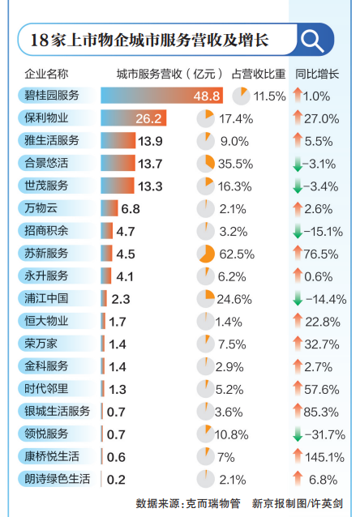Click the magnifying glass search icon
click(x=312, y=41)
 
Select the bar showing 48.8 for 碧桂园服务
click(x=161, y=96)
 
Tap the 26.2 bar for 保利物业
click(x=133, y=118)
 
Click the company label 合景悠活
click(x=46, y=163)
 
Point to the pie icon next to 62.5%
click(x=206, y=254)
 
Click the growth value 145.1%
click(x=324, y=457)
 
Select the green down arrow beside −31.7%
click(x=298, y=434)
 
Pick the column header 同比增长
click(x=317, y=74)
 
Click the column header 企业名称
click(x=46, y=74)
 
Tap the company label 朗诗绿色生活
click(x=57, y=479)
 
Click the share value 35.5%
click(x=236, y=164)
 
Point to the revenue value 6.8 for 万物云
click(x=131, y=209)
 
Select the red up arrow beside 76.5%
click(x=298, y=253)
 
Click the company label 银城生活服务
click(x=57, y=411)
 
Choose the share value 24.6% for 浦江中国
click(x=234, y=299)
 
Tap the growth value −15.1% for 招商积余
click(x=324, y=232)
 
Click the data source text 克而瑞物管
click(x=212, y=503)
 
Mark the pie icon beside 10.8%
click(x=206, y=434)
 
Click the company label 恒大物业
click(x=46, y=321)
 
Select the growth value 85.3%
click(x=321, y=412)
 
